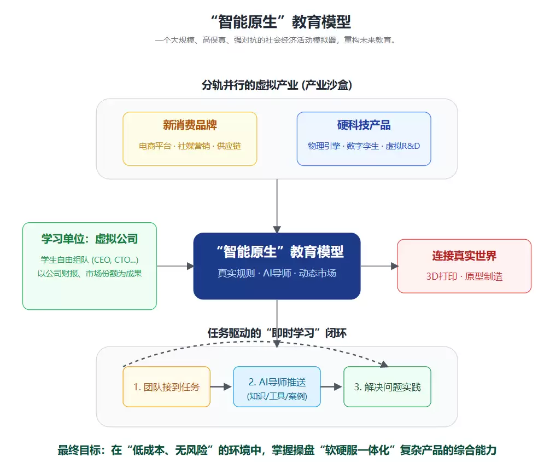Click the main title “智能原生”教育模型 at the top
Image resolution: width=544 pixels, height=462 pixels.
click(x=280, y=21)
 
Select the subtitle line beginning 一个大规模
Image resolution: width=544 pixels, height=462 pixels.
click(x=276, y=40)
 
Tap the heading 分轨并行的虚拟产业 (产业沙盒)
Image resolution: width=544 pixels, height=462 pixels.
click(x=277, y=85)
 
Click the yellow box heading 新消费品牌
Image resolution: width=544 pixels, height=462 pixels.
click(x=190, y=125)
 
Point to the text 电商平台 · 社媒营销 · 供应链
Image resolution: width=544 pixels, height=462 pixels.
click(x=190, y=146)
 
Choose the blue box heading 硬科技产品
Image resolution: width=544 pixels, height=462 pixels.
click(x=364, y=125)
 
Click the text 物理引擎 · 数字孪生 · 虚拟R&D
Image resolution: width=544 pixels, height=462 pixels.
click(x=364, y=146)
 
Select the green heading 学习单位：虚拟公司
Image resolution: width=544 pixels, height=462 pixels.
click(x=90, y=239)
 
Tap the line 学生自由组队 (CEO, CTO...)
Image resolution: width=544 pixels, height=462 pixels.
click(x=90, y=259)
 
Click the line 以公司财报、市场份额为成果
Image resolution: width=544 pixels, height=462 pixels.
click(x=90, y=273)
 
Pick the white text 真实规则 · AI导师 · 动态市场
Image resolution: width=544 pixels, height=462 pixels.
click(x=277, y=273)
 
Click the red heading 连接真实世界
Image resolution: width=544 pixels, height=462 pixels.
click(x=464, y=256)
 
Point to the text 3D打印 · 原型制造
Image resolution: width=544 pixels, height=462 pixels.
click(x=464, y=276)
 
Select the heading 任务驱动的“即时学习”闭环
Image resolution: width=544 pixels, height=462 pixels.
click(x=277, y=333)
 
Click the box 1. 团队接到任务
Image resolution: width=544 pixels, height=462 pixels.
click(x=166, y=387)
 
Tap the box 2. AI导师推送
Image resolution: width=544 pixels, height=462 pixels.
click(x=277, y=387)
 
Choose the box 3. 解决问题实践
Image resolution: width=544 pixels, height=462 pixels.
click(x=387, y=387)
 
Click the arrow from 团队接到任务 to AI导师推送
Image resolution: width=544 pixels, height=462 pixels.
click(x=221, y=387)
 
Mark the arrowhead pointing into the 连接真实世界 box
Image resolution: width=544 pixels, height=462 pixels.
click(x=394, y=266)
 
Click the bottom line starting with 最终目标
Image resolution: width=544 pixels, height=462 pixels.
click(x=277, y=450)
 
